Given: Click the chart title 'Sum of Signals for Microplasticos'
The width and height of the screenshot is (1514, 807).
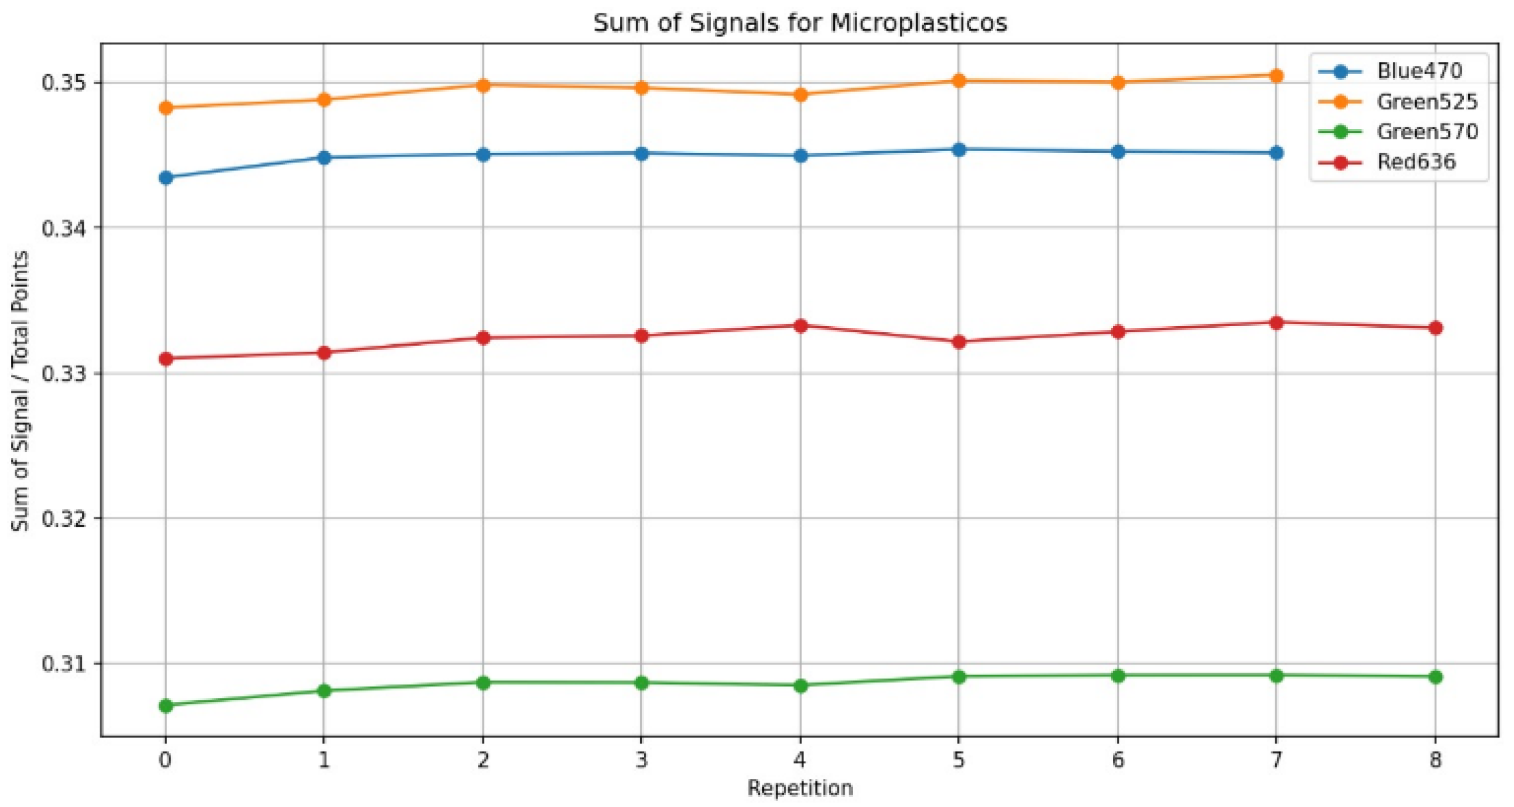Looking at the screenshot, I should tap(799, 23).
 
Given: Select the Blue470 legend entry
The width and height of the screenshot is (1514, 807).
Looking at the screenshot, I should tap(1419, 71).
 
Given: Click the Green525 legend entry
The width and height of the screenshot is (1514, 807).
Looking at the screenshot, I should tap(1426, 102).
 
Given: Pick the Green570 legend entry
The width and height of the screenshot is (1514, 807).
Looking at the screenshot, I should tap(1426, 132).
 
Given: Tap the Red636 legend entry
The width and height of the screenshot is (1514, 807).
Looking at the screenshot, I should tap(1416, 162).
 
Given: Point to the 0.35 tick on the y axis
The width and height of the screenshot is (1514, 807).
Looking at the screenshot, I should tap(66, 83).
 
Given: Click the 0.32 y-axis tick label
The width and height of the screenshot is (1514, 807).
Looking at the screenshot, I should tap(66, 519).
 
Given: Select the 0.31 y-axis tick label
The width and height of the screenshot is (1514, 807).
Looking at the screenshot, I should tap(66, 664).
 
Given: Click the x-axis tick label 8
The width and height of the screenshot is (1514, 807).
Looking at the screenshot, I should tap(1435, 760).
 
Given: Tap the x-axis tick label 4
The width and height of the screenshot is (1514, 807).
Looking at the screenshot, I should tap(800, 760).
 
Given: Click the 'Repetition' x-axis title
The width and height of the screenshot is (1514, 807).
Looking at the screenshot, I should tap(799, 788).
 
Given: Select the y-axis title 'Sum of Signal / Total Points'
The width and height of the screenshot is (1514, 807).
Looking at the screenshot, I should tap(20, 391).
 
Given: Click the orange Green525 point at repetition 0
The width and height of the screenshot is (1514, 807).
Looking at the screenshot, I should tap(166, 107).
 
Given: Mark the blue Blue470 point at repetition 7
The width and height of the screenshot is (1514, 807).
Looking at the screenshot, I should tap(1276, 153).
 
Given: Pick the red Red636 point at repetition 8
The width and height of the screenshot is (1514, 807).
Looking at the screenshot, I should tap(1435, 328).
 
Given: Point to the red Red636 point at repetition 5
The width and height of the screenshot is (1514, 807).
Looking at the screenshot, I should tap(958, 342).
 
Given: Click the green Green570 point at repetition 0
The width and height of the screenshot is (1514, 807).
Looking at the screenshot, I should tap(166, 706).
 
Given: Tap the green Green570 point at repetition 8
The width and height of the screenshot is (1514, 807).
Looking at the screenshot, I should tap(1435, 677).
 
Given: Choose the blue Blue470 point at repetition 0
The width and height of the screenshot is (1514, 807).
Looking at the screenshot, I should tap(166, 178).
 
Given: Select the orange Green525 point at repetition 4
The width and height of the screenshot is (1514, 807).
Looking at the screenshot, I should tap(800, 95).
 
